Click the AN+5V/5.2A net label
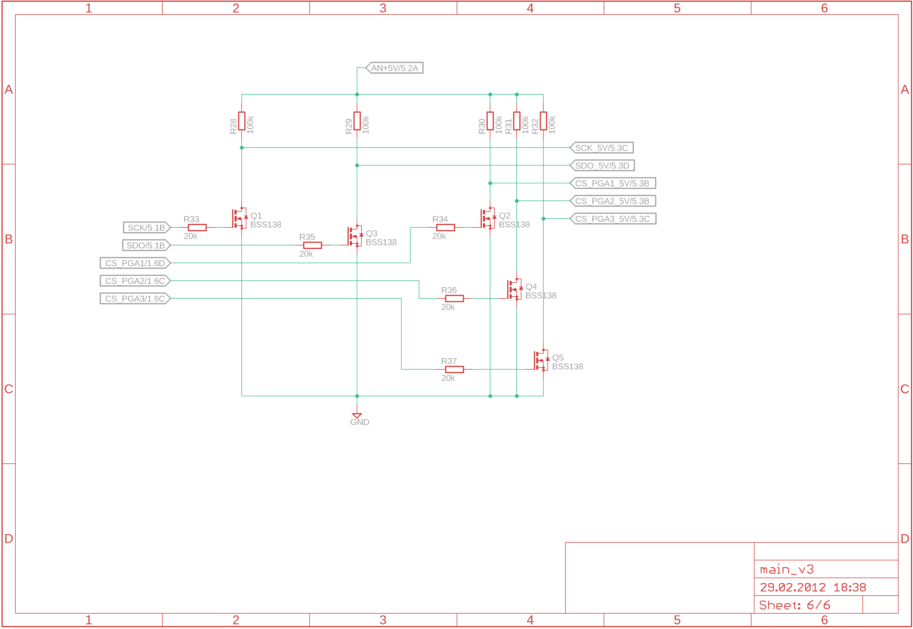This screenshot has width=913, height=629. pyautogui.click(x=395, y=68)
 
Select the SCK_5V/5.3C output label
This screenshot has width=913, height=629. pyautogui.click(x=602, y=148)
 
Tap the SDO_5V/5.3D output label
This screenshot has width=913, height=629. pyautogui.click(x=602, y=166)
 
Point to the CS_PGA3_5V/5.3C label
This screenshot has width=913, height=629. pyautogui.click(x=613, y=219)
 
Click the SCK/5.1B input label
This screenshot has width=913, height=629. pyautogui.click(x=146, y=228)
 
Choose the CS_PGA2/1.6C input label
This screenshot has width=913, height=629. pyautogui.click(x=135, y=281)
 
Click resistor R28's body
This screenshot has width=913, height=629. pyautogui.click(x=242, y=121)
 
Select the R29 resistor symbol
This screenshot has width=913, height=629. pyautogui.click(x=357, y=121)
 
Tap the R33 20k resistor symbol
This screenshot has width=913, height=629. pyautogui.click(x=197, y=228)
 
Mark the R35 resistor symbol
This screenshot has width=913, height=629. pyautogui.click(x=313, y=245)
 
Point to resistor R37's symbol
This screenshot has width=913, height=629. pyautogui.click(x=454, y=370)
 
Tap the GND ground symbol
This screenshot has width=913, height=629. pyautogui.click(x=357, y=416)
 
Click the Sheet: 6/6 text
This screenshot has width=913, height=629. pyautogui.click(x=794, y=605)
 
